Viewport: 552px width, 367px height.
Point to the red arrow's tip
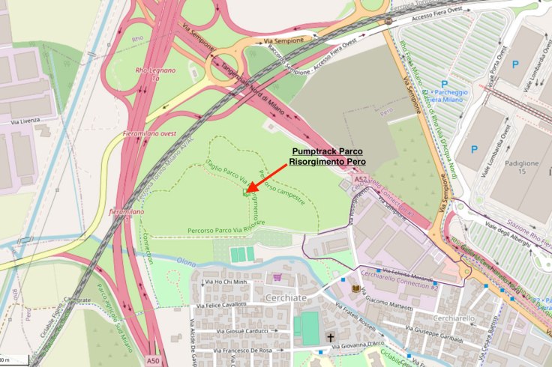[248, 190]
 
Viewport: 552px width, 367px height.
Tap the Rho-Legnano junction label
[156, 74]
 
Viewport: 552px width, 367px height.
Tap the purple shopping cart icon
[277, 277]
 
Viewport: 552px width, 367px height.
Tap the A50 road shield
[153, 361]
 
